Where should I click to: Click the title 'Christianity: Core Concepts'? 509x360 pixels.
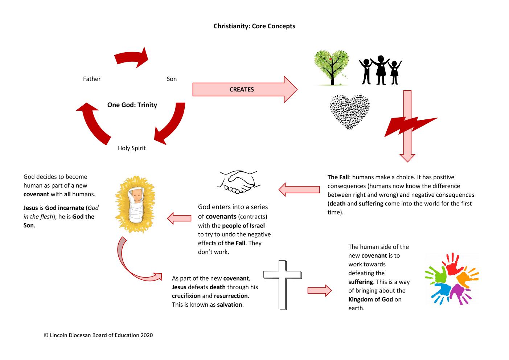(254, 26)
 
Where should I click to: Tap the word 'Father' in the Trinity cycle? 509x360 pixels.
(91, 79)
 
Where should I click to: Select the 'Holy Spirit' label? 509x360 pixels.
(132, 148)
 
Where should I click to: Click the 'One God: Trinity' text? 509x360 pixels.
(132, 105)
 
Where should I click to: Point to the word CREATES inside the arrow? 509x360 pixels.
(242, 90)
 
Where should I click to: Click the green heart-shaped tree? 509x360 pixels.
(331, 67)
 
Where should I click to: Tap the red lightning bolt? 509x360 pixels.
(410, 126)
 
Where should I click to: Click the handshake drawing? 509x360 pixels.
(239, 182)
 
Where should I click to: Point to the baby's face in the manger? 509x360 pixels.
(137, 196)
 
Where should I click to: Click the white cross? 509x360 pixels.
(283, 285)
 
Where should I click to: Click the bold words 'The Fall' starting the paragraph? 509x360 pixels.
(338, 177)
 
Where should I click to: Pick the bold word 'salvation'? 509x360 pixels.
(230, 305)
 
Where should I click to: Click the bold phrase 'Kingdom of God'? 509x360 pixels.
(370, 299)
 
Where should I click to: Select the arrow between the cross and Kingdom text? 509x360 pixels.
(320, 290)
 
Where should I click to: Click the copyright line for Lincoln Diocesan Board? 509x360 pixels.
(98, 335)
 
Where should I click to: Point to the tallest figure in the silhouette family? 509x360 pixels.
(381, 70)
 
